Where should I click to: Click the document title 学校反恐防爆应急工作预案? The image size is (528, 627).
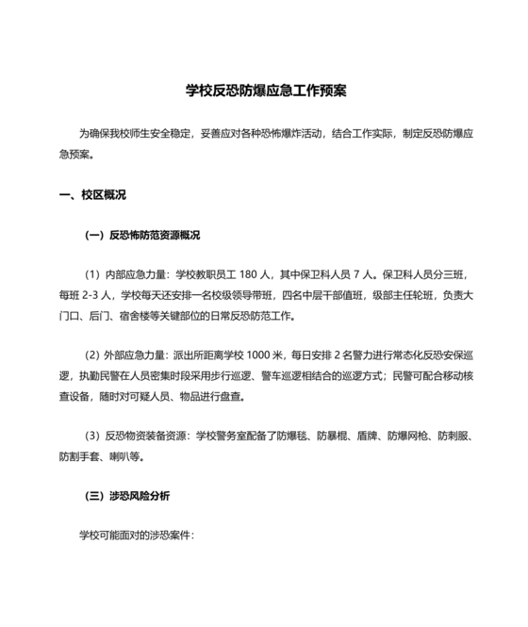click(264, 91)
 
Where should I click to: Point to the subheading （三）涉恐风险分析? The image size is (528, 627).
click(127, 495)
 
